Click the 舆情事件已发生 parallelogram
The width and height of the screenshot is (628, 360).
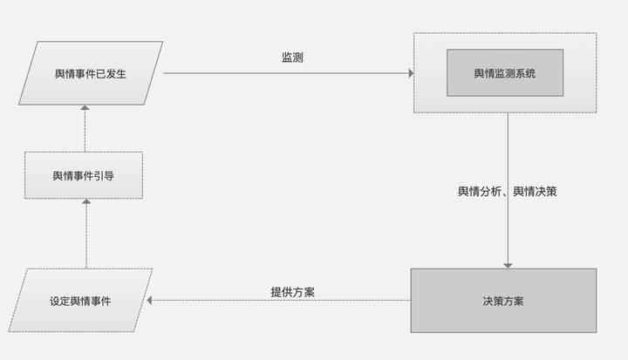91,73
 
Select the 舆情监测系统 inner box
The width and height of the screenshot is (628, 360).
505,73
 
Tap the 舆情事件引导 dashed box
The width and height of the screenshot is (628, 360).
84,175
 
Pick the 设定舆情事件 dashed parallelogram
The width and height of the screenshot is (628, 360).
80,301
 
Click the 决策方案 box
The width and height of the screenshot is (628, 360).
503,301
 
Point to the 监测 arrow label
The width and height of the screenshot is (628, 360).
292,58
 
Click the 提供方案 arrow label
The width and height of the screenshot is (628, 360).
292,292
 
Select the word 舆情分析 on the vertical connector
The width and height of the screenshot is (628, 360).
480,192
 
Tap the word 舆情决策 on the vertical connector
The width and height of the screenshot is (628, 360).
535,192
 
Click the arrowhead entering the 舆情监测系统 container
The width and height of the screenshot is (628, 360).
411,73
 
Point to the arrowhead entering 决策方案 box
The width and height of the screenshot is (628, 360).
508,266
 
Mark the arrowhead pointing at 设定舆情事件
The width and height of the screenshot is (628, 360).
149,300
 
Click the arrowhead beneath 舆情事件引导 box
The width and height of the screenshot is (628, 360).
86,201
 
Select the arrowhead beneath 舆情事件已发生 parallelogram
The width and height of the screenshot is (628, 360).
85,107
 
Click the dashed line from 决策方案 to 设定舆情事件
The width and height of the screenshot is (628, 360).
279,300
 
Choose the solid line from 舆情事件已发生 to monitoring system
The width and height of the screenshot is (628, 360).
289,73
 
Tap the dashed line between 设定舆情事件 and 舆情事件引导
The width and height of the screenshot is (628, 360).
86,234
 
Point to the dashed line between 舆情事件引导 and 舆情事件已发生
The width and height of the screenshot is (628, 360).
85,128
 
